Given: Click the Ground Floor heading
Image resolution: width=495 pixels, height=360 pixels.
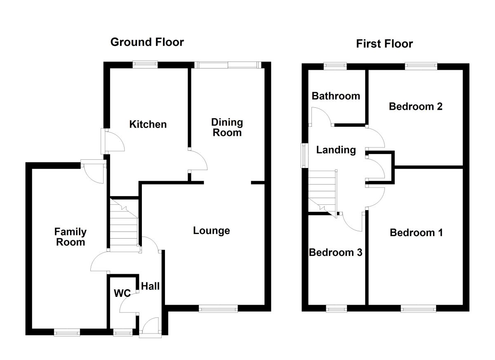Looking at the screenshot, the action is (x=147, y=42).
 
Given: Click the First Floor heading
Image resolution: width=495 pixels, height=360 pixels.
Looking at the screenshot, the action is (x=384, y=44).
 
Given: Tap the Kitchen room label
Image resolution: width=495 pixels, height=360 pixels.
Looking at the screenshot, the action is (x=148, y=124).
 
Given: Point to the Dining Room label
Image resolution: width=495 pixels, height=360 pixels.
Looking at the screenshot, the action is (x=226, y=127).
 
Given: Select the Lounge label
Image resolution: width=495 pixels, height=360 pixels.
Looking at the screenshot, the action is (x=211, y=230).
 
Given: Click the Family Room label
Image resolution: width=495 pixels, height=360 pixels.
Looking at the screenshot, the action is (x=71, y=237).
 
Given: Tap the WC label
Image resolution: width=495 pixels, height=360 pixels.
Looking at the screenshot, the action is (x=122, y=294).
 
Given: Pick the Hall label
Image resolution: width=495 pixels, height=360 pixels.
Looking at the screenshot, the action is (x=150, y=286).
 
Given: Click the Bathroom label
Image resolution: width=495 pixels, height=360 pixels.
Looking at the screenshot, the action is (x=335, y=96).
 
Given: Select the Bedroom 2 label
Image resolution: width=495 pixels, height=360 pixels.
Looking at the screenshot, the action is (x=415, y=107).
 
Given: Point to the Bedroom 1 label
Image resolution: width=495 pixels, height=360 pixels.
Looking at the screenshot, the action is (x=416, y=233).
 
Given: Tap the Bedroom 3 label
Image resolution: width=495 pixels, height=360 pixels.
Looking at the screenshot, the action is (x=335, y=252).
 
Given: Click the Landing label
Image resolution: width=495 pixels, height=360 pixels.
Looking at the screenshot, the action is (x=336, y=150).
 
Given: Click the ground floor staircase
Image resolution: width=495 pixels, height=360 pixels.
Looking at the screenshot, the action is (x=124, y=225).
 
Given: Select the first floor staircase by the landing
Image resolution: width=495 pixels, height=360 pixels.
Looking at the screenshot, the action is (x=322, y=190).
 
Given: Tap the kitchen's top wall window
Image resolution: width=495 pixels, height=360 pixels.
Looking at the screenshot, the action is (x=145, y=64).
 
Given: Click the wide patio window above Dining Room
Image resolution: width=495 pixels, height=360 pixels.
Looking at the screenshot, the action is (x=227, y=64).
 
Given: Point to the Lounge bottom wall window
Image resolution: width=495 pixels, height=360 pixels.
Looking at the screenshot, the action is (x=218, y=308).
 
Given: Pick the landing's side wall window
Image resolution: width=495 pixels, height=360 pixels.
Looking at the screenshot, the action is (x=304, y=155).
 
